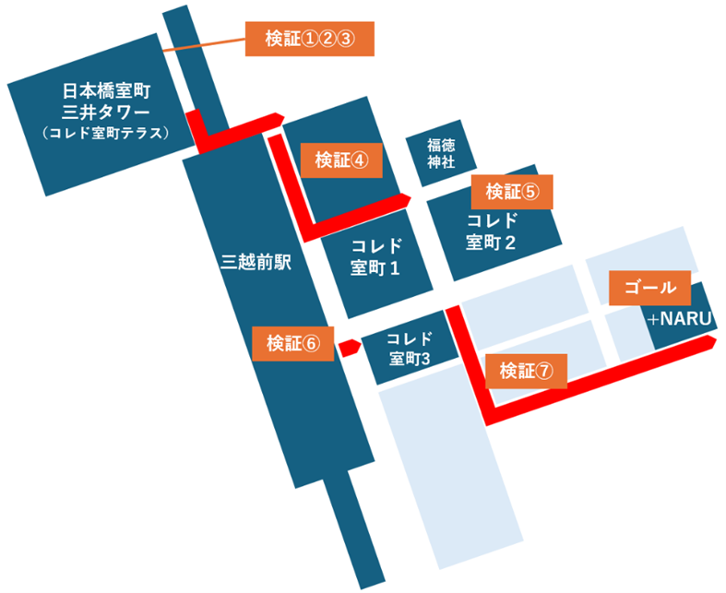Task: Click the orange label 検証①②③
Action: click(309, 38)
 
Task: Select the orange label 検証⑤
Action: click(512, 192)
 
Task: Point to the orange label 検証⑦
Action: click(526, 371)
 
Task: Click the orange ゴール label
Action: click(650, 289)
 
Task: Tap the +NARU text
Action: click(682, 319)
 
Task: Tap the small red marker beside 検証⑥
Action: click(349, 348)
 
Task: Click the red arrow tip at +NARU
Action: click(709, 343)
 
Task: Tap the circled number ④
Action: click(360, 159)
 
